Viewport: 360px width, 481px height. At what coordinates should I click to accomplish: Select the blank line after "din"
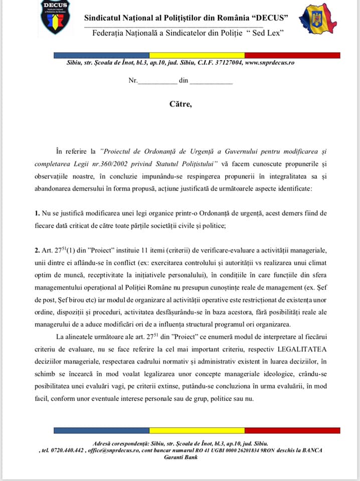[211, 82]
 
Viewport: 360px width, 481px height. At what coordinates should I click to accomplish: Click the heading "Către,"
[180, 104]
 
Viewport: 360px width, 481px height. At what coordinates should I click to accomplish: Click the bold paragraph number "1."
[38, 213]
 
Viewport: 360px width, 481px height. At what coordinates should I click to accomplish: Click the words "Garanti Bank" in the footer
[181, 457]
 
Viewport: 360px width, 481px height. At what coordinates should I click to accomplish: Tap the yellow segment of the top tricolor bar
[197, 55]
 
